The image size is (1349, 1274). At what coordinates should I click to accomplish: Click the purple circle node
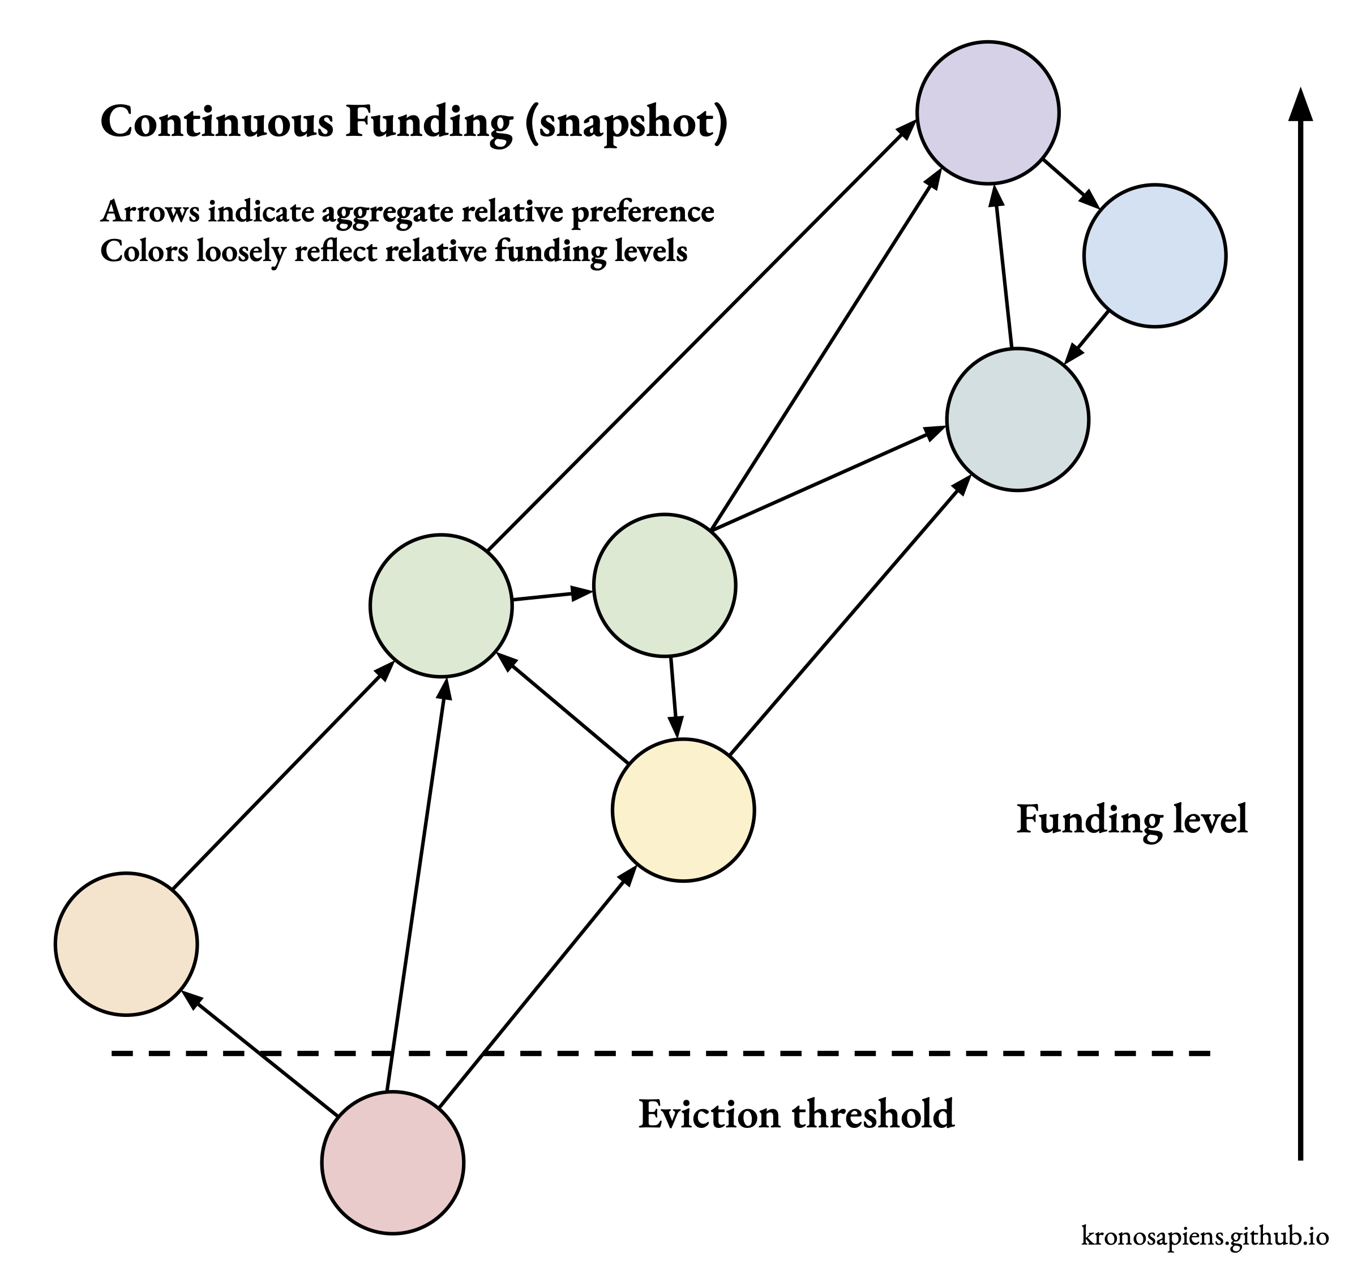tap(988, 112)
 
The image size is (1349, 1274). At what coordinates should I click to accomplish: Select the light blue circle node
tap(1154, 255)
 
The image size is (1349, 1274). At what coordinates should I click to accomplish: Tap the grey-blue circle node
tap(1018, 419)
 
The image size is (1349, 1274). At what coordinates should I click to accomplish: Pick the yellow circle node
tap(683, 810)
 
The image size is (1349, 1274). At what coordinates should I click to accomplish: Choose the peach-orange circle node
tap(126, 944)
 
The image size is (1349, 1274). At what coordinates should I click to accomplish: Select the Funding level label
tap(1131, 820)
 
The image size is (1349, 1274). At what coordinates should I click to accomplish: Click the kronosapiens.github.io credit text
tap(1205, 1235)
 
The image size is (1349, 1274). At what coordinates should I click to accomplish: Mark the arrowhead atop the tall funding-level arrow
tap(1300, 105)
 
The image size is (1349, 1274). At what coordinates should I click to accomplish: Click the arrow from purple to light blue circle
tap(1070, 184)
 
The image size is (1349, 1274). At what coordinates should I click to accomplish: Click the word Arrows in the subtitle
tap(150, 212)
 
